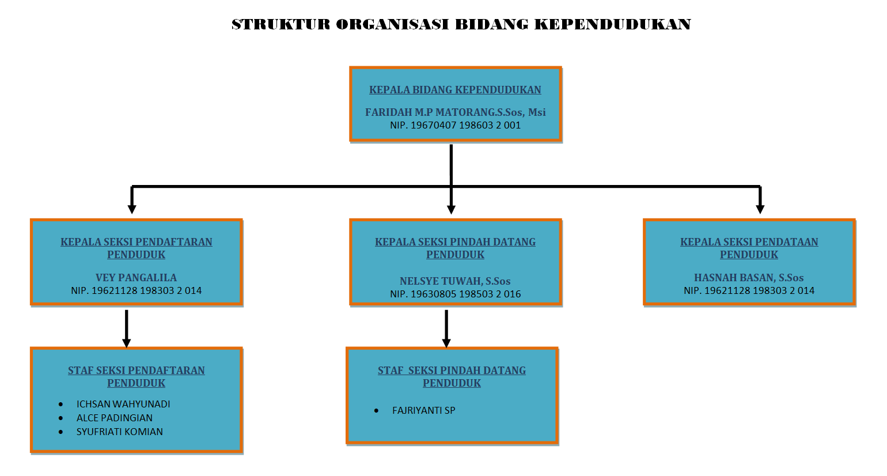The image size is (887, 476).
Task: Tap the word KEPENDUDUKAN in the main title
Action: (x=613, y=24)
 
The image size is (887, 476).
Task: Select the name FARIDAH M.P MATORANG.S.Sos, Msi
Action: (x=456, y=112)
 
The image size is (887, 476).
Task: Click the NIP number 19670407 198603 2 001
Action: (x=465, y=125)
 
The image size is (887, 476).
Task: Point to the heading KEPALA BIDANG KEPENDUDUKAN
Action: (x=456, y=90)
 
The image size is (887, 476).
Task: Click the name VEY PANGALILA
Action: (x=136, y=277)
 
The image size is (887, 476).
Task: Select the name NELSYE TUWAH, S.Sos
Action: (x=456, y=281)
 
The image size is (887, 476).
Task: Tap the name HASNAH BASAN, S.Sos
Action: (x=749, y=277)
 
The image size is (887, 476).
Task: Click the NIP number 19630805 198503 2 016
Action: (x=465, y=294)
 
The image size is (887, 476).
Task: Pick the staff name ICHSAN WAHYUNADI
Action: (x=123, y=404)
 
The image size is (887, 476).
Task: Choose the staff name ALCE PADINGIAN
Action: (x=115, y=418)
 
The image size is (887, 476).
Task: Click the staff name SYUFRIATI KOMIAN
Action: (x=120, y=432)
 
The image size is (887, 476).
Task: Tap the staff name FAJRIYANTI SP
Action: (x=424, y=410)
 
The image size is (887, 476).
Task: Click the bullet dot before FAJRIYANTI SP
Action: (x=376, y=411)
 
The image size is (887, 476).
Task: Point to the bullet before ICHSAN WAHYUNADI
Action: (x=60, y=405)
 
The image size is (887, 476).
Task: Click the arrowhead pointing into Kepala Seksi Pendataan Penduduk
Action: (x=760, y=209)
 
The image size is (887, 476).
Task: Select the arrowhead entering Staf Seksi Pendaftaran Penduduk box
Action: (x=126, y=343)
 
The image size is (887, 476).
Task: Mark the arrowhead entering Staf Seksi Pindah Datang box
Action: (x=446, y=343)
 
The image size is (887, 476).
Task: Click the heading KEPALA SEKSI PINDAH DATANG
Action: (x=456, y=242)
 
